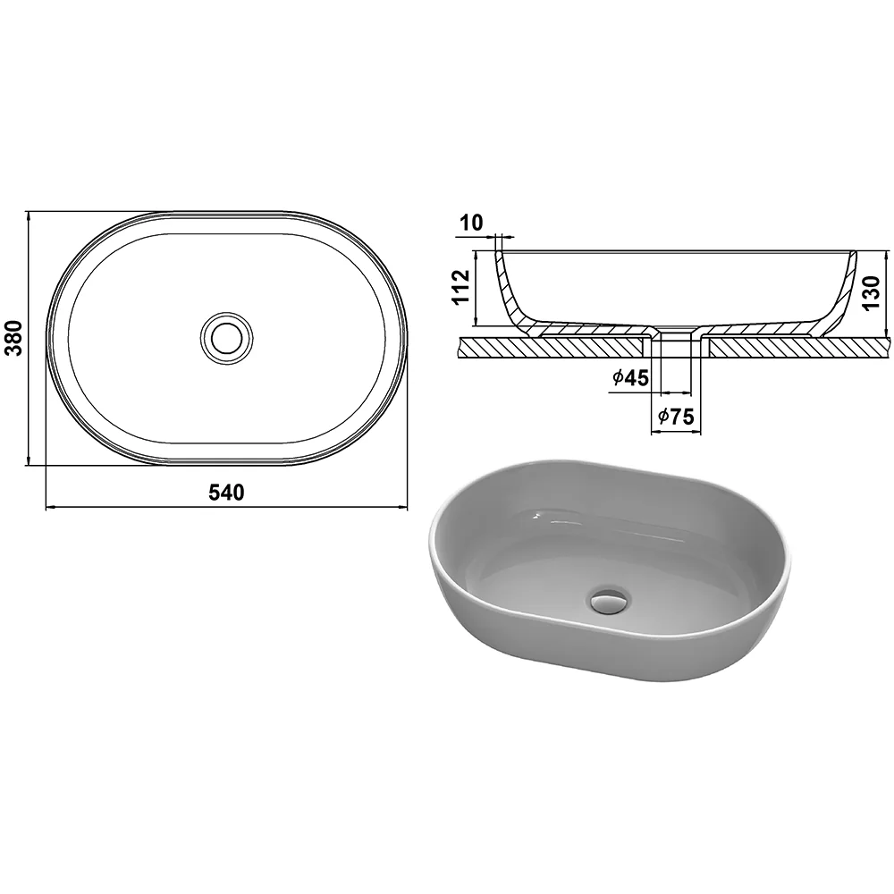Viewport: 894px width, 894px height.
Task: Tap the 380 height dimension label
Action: [13, 338]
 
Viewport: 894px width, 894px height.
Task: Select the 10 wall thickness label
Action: [471, 223]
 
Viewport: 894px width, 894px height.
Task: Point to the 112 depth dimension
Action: [462, 287]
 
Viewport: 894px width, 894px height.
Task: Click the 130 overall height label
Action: [873, 292]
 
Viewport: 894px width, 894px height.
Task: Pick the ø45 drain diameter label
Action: [630, 377]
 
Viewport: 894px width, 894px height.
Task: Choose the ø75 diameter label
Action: [676, 417]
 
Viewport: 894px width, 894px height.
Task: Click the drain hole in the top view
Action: [227, 338]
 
